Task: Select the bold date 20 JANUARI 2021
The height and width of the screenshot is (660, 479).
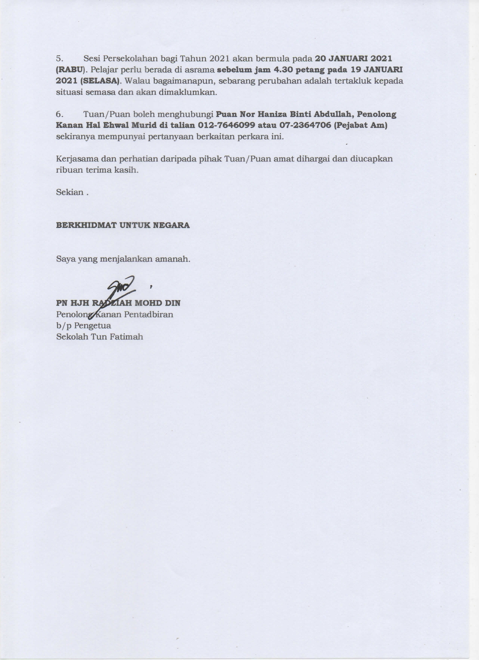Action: [x=354, y=59]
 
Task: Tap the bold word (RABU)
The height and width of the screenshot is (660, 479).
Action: [x=70, y=70]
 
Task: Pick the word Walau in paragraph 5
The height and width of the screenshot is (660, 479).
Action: [x=133, y=81]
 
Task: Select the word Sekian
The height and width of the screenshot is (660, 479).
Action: [x=70, y=192]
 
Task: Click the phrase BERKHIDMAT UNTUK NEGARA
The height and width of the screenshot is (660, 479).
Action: [x=123, y=225]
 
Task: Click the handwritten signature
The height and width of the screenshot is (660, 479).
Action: [x=120, y=288]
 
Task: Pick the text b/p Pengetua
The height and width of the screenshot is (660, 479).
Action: [x=83, y=325]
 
